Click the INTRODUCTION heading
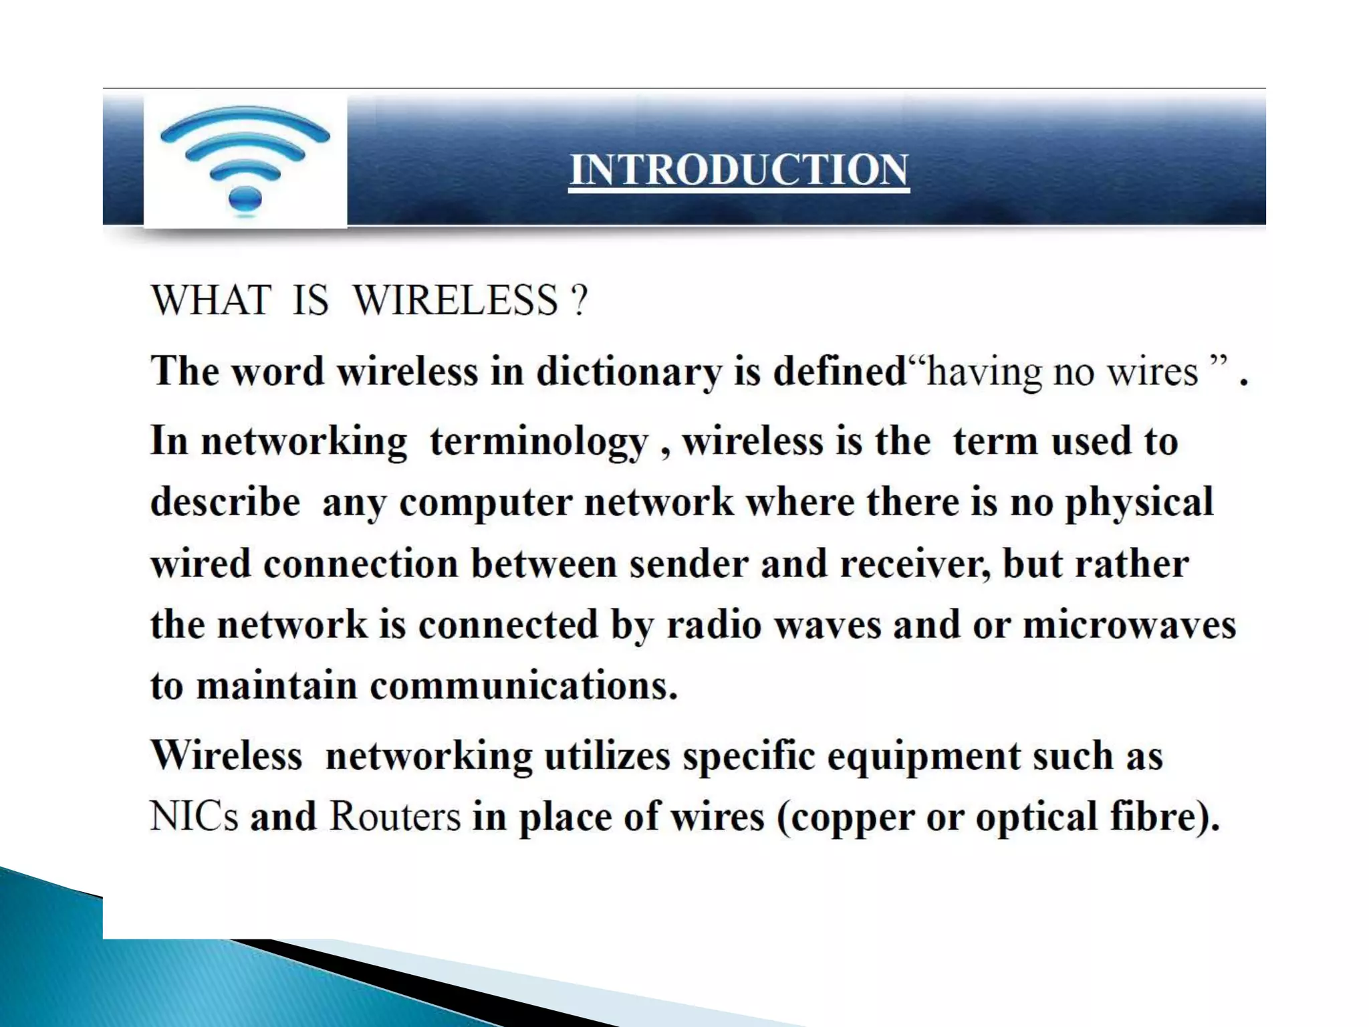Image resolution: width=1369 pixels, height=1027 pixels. [739, 170]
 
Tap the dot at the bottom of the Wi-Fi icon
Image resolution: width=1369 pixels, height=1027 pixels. [245, 199]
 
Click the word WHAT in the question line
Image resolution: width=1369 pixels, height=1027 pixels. [211, 300]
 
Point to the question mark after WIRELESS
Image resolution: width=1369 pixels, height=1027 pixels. [580, 300]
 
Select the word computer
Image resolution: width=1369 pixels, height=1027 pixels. [485, 503]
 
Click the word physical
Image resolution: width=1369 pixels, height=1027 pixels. [1139, 503]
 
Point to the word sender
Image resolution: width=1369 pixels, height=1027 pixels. [689, 564]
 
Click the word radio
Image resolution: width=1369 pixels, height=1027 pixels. [714, 625]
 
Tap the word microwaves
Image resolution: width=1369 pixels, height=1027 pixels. [1129, 625]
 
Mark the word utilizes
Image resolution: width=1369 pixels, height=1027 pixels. [607, 756]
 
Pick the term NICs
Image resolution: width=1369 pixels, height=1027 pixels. [194, 817]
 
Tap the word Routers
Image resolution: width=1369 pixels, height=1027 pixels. [395, 817]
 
